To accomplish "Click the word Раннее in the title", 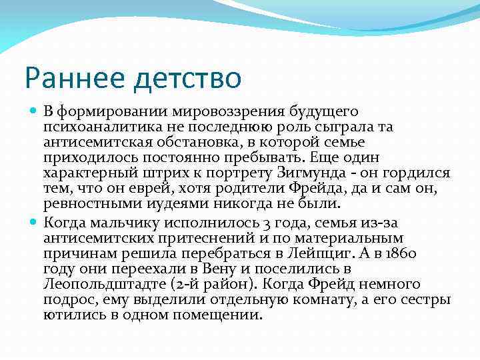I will (x=73, y=79).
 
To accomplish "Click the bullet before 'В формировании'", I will (x=35, y=111).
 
